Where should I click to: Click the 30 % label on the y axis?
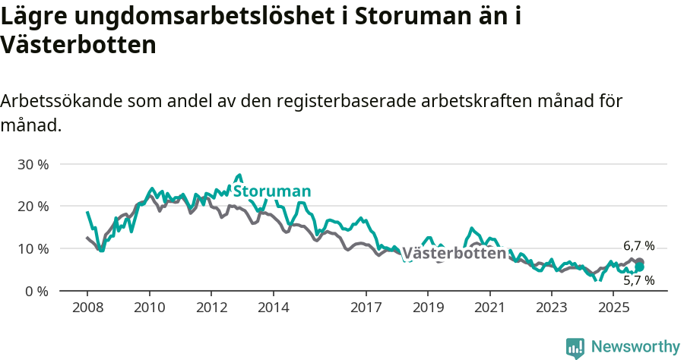[33, 164]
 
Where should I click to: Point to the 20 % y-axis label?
[33, 207]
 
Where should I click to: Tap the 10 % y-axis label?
[33, 249]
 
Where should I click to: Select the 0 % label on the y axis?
[36, 292]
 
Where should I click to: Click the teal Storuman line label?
[272, 191]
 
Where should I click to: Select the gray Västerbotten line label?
[453, 254]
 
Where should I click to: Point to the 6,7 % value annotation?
[638, 246]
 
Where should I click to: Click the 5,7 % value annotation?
[638, 280]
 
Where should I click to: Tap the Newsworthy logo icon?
[575, 347]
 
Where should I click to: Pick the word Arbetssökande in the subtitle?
[63, 101]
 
